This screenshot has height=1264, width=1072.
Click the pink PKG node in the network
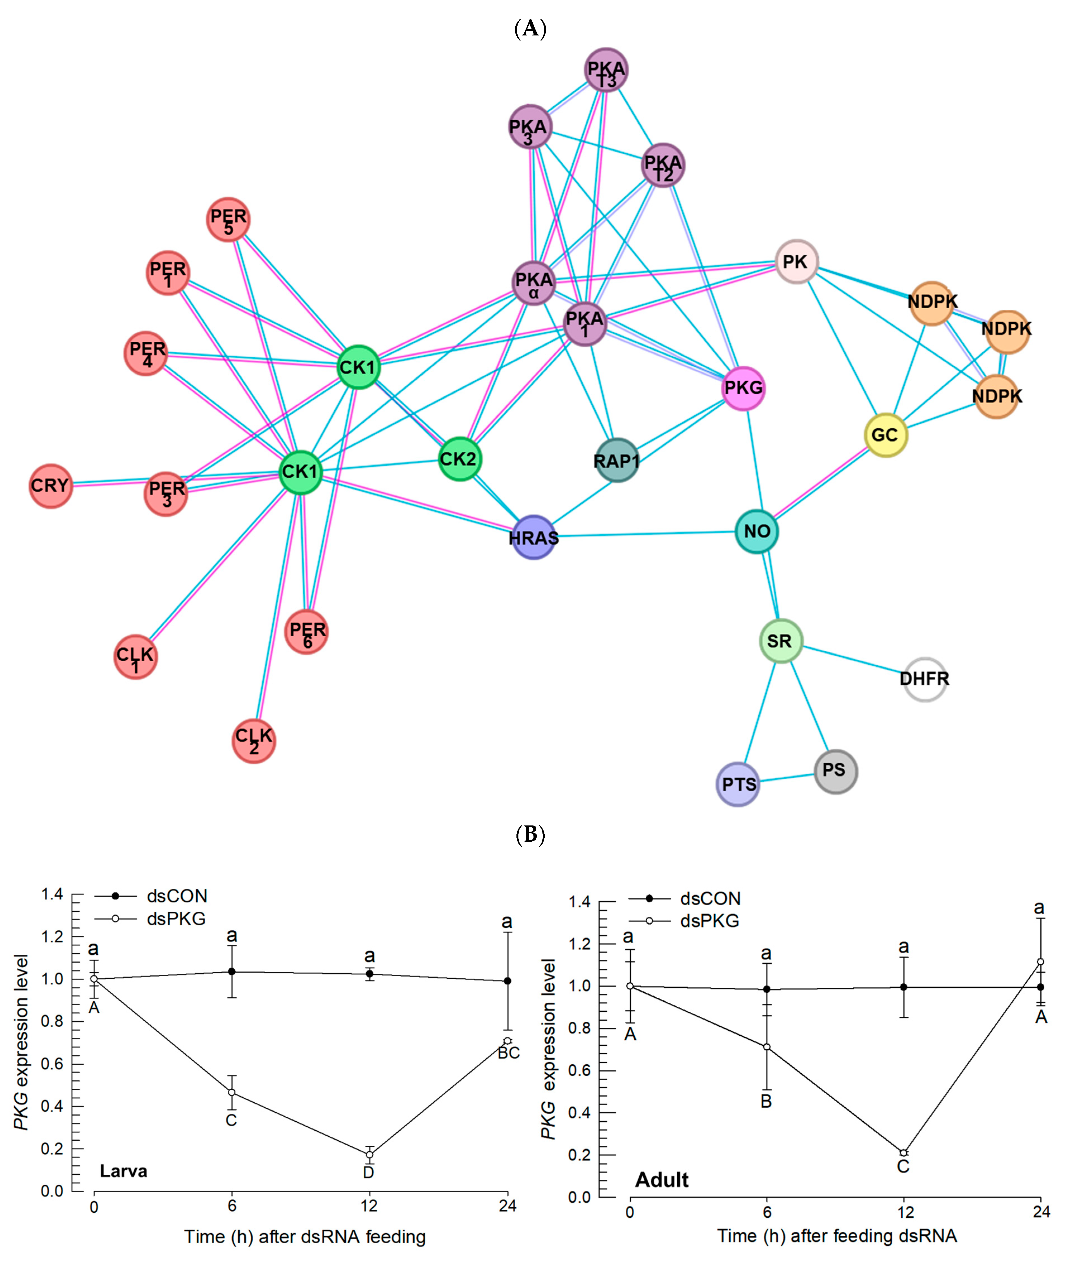pos(743,388)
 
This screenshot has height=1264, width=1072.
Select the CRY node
pos(51,486)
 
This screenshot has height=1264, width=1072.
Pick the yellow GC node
pos(885,435)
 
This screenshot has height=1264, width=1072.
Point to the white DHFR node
pos(924,679)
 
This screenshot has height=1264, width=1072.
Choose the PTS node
pos(739,784)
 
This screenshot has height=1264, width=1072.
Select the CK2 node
pos(459,459)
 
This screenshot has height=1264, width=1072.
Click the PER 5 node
pos(228,219)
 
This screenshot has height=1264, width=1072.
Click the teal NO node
pos(757,532)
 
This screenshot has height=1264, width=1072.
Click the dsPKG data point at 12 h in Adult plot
pos(904,1153)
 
